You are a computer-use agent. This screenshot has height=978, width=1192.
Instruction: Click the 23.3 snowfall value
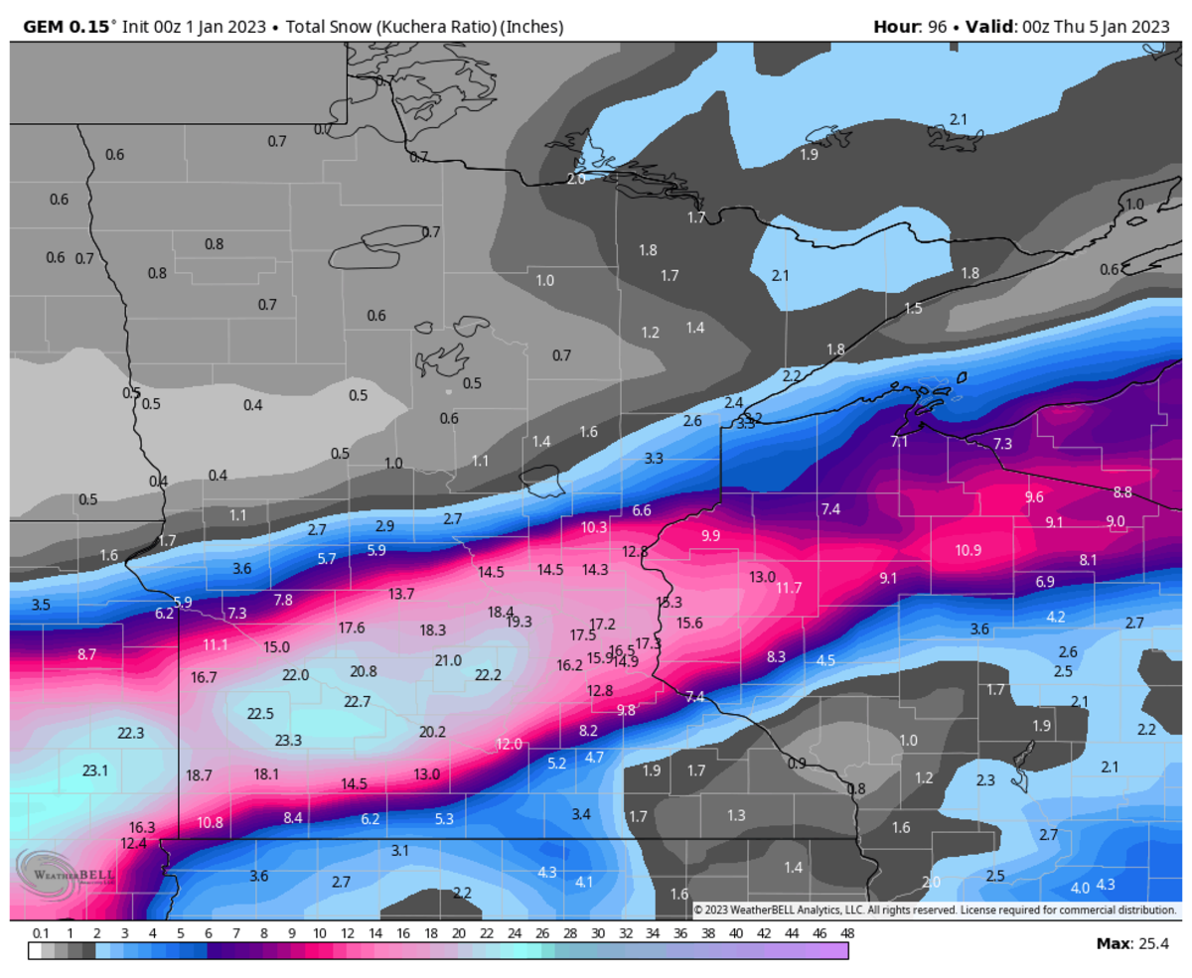pyautogui.click(x=288, y=740)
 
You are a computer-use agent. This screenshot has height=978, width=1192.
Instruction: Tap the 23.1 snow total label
pyautogui.click(x=95, y=770)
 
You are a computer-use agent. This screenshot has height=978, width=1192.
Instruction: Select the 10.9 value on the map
pyautogui.click(x=968, y=550)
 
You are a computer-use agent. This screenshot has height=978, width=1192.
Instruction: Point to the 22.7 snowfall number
pyautogui.click(x=357, y=701)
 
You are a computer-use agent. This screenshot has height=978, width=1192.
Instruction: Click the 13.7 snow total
pyautogui.click(x=401, y=594)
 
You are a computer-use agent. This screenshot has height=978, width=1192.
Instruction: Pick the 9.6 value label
pyautogui.click(x=1034, y=496)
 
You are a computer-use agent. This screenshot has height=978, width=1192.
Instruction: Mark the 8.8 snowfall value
pyautogui.click(x=1122, y=491)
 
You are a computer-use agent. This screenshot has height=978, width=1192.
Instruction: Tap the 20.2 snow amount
pyautogui.click(x=432, y=732)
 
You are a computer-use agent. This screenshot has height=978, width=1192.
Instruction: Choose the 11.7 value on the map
pyautogui.click(x=789, y=588)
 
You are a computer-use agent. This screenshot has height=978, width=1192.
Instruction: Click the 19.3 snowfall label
pyautogui.click(x=520, y=622)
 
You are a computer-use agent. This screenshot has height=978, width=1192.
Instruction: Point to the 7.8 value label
pyautogui.click(x=283, y=600)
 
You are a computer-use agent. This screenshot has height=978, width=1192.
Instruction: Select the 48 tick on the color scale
pyautogui.click(x=847, y=933)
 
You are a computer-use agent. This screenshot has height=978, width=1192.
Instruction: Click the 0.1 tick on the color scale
pyautogui.click(x=41, y=933)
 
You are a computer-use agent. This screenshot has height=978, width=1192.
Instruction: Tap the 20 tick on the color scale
pyautogui.click(x=458, y=933)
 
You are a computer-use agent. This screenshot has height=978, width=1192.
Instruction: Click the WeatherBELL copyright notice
pyautogui.click(x=935, y=909)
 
